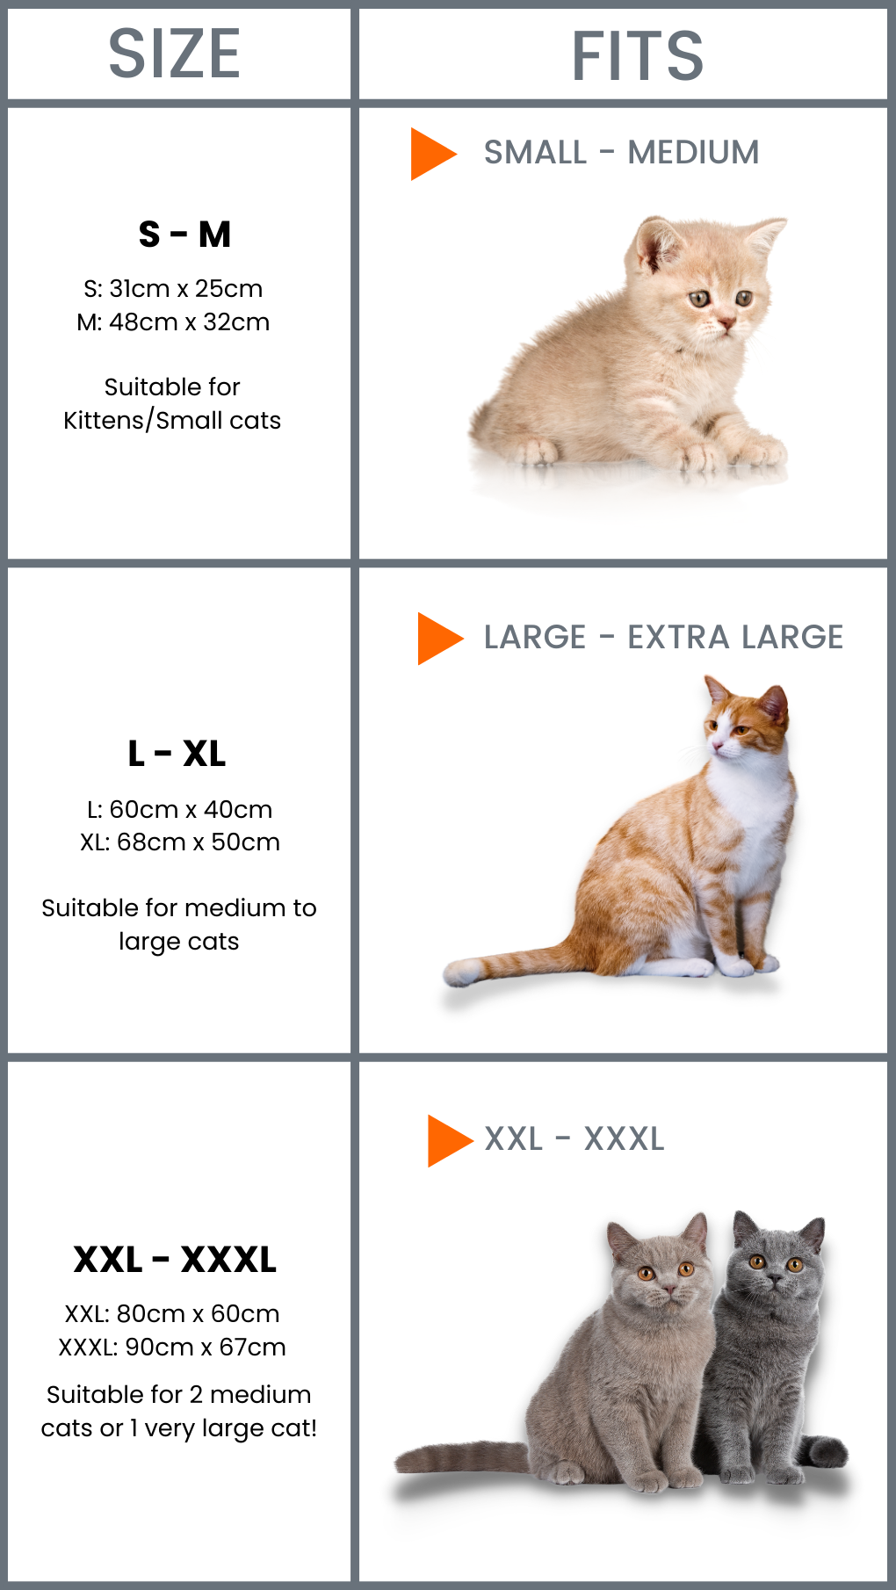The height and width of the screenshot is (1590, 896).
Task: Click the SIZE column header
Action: click(x=174, y=54)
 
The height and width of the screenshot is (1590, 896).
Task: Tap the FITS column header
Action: click(x=638, y=56)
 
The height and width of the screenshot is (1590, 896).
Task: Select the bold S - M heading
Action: click(x=184, y=235)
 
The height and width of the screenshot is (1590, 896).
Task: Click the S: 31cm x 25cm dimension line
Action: click(x=173, y=288)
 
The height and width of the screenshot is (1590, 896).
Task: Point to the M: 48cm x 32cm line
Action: click(x=173, y=322)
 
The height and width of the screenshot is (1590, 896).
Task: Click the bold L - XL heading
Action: click(x=177, y=754)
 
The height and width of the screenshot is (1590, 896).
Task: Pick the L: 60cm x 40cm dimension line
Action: click(x=179, y=809)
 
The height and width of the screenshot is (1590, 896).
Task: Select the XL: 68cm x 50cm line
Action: click(x=179, y=842)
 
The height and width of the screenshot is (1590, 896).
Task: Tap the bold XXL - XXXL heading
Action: click(x=175, y=1260)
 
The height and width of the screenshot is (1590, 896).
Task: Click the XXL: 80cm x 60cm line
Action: click(x=172, y=1313)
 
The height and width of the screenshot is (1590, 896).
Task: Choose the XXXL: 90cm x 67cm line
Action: click(x=172, y=1347)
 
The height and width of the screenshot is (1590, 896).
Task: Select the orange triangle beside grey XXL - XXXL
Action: click(x=450, y=1141)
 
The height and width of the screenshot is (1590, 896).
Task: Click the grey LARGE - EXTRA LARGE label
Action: click(x=663, y=637)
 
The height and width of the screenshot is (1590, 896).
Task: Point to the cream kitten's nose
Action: click(x=726, y=324)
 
